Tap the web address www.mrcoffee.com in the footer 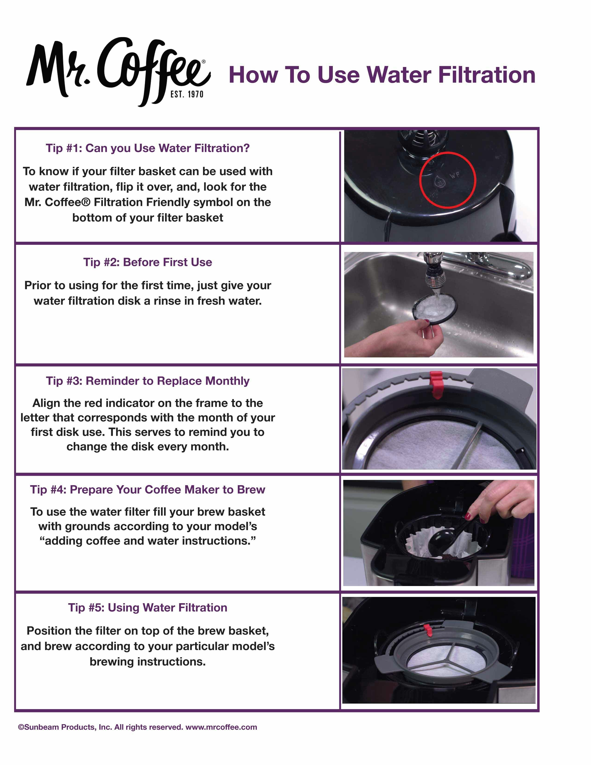(x=221, y=727)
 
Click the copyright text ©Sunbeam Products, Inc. (x=65, y=727)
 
